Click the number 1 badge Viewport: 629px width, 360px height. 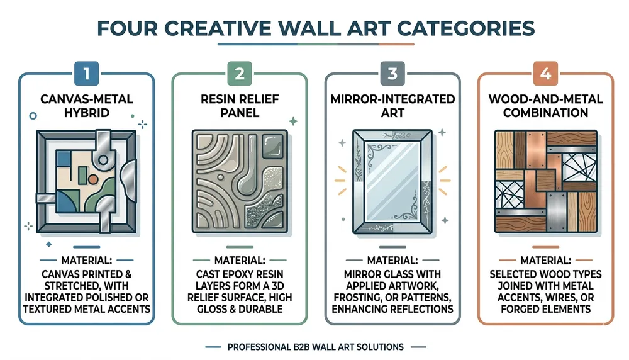(x=86, y=74)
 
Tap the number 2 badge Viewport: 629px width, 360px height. (x=239, y=74)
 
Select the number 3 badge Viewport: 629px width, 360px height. (x=392, y=74)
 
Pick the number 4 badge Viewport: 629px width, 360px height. (x=545, y=74)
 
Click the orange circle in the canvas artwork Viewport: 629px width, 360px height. (x=92, y=179)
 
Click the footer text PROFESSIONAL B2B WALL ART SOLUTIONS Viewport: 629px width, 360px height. (x=315, y=346)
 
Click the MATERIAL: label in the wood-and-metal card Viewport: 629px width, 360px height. (x=545, y=260)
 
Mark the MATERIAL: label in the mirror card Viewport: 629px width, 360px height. (x=392, y=260)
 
